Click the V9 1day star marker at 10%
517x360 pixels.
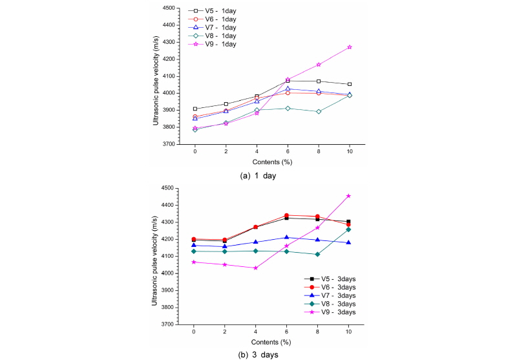(x=350, y=47)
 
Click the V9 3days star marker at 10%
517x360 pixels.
(x=350, y=196)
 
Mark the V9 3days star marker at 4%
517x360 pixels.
(x=257, y=268)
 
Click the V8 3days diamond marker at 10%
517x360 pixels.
(x=350, y=229)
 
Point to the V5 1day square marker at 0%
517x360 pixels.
(x=195, y=109)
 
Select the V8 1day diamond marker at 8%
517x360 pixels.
(x=319, y=111)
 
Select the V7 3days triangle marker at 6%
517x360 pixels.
(x=288, y=237)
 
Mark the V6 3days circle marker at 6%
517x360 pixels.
(x=288, y=215)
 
